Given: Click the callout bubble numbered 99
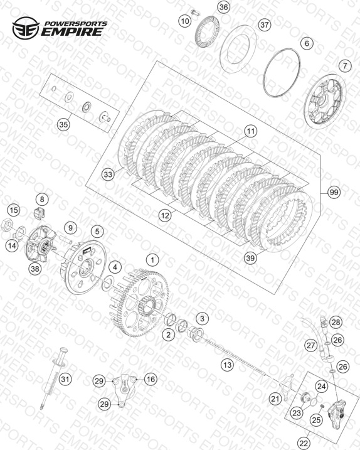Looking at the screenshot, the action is [x=334, y=192].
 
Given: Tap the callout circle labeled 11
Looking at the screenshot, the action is [x=251, y=131].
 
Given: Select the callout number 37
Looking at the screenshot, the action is [x=265, y=24].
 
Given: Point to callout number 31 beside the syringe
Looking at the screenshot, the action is [x=65, y=380].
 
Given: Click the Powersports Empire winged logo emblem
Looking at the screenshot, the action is [x=26, y=28].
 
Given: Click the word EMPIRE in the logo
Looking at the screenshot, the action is [x=72, y=31].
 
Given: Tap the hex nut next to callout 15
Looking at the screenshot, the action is [x=6, y=224].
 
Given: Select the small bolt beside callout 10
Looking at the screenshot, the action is [x=195, y=12].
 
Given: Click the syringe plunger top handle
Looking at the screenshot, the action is [x=63, y=351].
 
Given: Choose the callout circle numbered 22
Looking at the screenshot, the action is [x=304, y=443].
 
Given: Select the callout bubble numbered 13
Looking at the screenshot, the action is [x=227, y=365].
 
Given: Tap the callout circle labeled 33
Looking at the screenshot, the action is [x=108, y=174].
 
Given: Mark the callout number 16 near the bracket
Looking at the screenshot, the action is [x=151, y=380].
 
